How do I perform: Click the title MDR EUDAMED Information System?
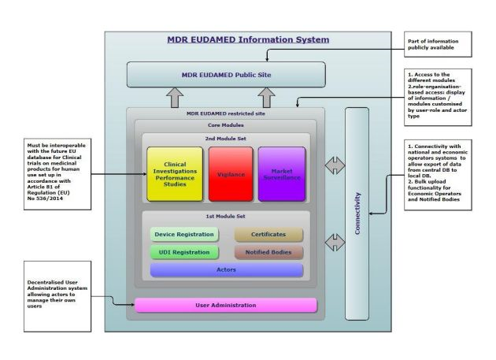[248, 39]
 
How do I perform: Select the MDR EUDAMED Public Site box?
[227, 75]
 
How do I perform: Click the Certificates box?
[268, 234]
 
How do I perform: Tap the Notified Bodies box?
[268, 252]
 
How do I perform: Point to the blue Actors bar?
[226, 270]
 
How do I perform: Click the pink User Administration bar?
[226, 305]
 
